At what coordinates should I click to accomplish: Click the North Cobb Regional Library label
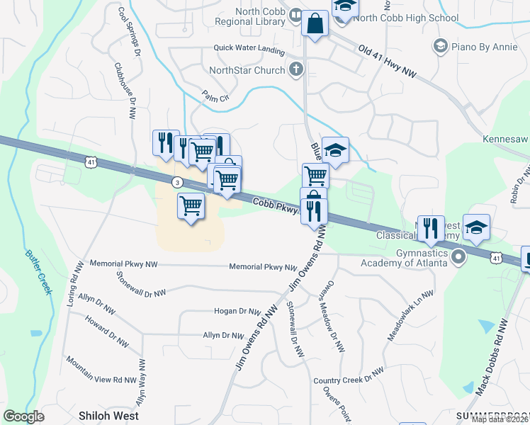(x=249, y=16)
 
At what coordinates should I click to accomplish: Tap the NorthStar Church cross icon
(x=296, y=69)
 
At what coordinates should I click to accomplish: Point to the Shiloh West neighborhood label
(x=108, y=416)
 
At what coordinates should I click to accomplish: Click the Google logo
(x=23, y=416)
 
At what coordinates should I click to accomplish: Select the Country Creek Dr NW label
(x=349, y=375)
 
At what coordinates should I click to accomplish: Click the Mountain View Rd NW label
(x=101, y=370)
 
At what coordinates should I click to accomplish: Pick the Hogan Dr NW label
(x=239, y=311)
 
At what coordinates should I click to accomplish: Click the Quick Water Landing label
(x=249, y=50)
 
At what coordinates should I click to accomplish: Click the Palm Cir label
(x=215, y=96)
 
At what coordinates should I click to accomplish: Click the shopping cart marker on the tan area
(x=191, y=206)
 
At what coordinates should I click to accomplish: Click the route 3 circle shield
(x=178, y=182)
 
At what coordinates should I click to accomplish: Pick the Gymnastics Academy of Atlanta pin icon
(x=459, y=255)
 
